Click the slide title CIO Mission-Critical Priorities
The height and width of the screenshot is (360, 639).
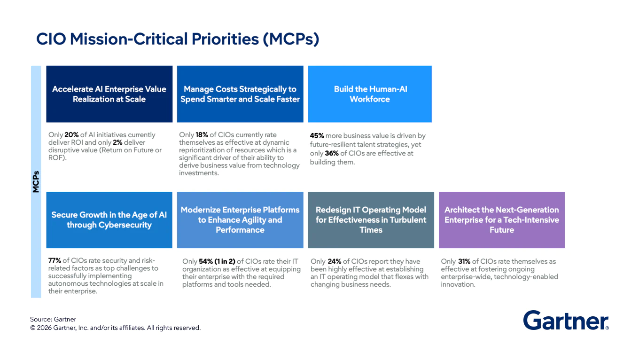[x=178, y=39]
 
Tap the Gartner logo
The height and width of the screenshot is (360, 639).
[x=566, y=321]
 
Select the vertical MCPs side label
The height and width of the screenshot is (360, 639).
[x=36, y=181]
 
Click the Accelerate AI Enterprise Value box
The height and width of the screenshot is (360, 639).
[x=109, y=94]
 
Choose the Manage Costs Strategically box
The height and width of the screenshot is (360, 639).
[x=240, y=94]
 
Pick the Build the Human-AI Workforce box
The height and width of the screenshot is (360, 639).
[x=370, y=94]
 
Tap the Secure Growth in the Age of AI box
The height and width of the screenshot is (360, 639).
[x=109, y=220]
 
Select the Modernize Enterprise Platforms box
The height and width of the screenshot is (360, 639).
[x=240, y=220]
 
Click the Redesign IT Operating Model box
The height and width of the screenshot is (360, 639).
[x=371, y=220]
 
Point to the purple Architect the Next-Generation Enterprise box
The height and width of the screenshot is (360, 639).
[x=502, y=220]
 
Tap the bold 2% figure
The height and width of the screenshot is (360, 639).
[x=117, y=142]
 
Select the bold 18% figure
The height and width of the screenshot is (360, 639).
[x=202, y=135]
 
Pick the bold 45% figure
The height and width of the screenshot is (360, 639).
[x=317, y=136]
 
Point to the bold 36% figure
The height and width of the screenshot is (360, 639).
[x=332, y=153]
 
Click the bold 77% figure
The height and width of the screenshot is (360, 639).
[x=55, y=261]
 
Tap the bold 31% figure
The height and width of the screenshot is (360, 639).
[x=465, y=262]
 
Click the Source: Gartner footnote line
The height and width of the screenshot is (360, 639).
[x=53, y=320]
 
